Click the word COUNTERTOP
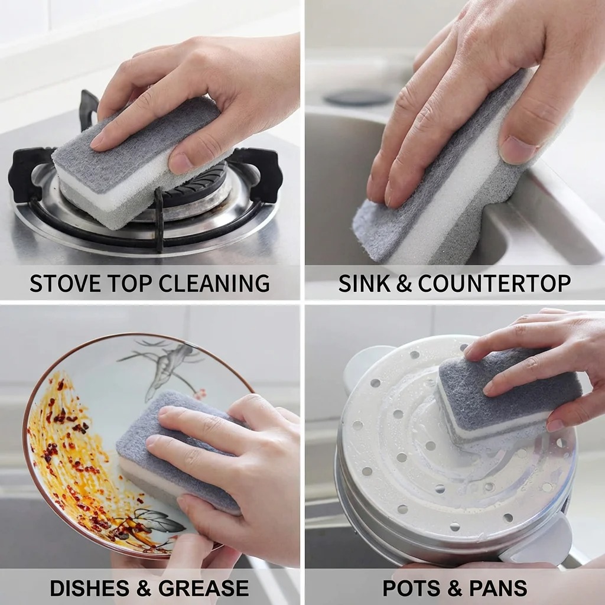[494, 284]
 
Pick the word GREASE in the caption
[204, 588]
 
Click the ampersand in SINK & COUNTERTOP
[404, 284]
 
